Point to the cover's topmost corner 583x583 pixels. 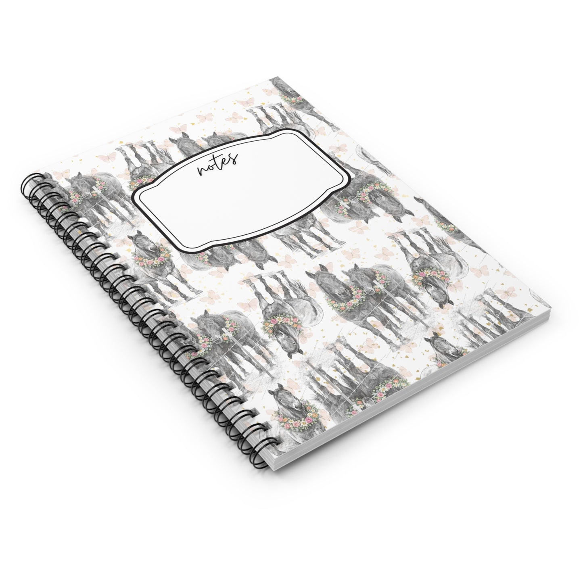pyautogui.click(x=270, y=78)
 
